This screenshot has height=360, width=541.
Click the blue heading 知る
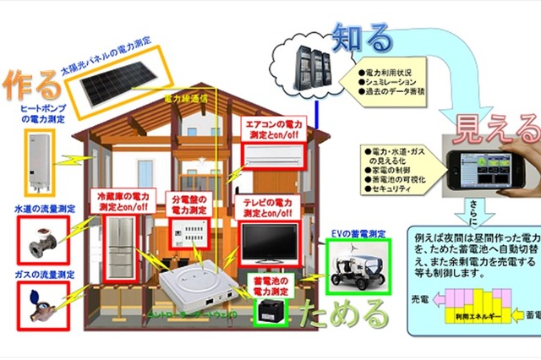[363, 37]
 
